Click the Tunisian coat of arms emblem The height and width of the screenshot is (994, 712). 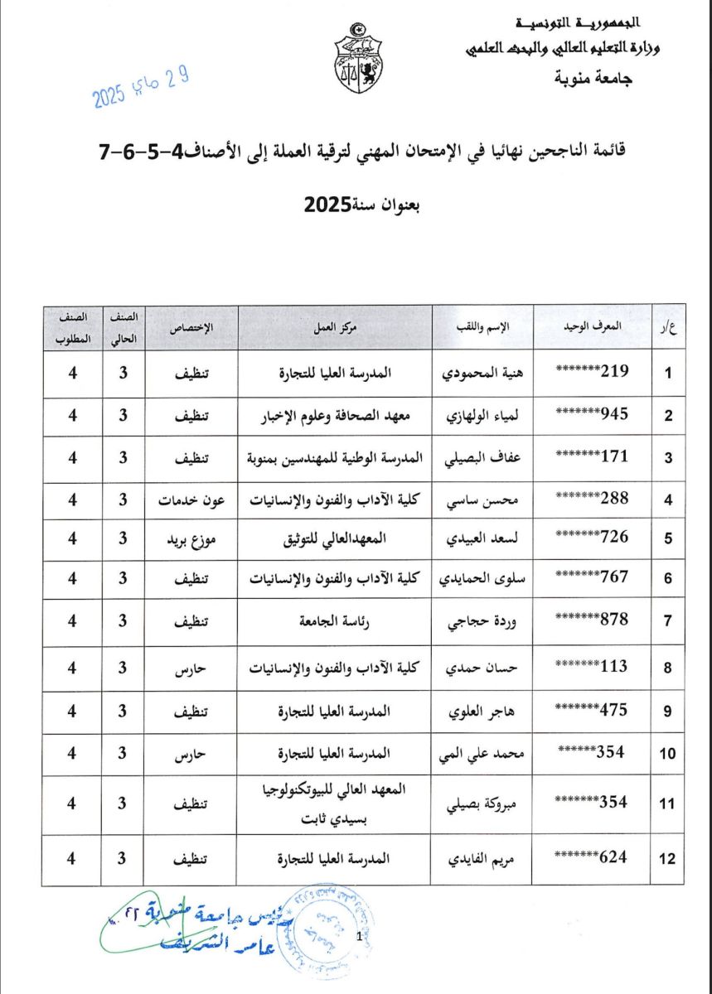[358, 60]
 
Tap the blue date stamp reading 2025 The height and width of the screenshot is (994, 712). [141, 89]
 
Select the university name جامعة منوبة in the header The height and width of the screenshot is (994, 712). [591, 80]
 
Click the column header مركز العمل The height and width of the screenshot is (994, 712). [336, 327]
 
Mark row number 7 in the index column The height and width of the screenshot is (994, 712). [666, 621]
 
